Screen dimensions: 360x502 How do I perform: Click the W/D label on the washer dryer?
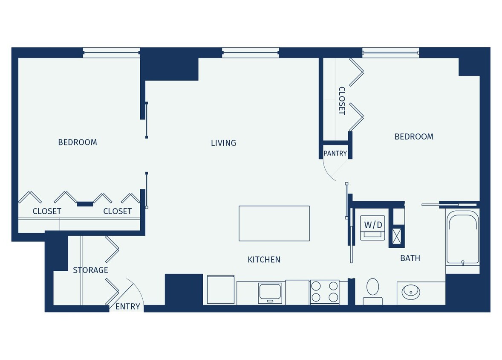(x=373, y=224)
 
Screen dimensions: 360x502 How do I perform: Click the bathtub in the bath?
(x=462, y=239)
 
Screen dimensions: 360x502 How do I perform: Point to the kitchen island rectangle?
(x=274, y=223)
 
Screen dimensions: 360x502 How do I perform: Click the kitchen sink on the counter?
(x=270, y=292)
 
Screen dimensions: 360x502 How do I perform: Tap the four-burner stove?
(x=324, y=292)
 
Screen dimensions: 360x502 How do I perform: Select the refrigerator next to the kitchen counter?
(x=221, y=290)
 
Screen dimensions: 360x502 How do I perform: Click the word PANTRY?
(x=335, y=153)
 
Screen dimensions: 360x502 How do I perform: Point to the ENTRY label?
(x=128, y=306)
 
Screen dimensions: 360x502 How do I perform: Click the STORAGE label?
(x=90, y=270)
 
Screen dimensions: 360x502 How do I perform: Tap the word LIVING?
(x=223, y=143)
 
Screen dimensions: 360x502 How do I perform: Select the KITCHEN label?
(x=264, y=259)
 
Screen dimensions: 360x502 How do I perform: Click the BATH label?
(x=410, y=258)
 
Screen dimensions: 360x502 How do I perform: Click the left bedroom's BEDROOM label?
(x=78, y=142)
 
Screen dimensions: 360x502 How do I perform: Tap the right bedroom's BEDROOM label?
(x=414, y=136)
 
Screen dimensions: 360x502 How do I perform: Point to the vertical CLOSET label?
(x=342, y=101)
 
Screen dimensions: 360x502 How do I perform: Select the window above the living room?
(x=251, y=52)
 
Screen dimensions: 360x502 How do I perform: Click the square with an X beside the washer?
(x=397, y=235)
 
